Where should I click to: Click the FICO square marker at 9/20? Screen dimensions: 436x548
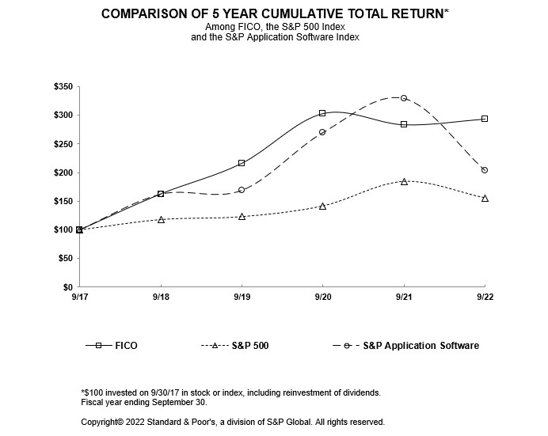(x=322, y=113)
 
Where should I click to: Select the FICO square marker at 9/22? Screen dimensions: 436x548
(x=485, y=119)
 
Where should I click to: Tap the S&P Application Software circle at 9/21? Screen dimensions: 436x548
(x=404, y=98)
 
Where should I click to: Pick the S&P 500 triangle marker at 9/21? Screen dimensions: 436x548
(x=404, y=181)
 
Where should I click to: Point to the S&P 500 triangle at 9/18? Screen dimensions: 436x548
(x=161, y=219)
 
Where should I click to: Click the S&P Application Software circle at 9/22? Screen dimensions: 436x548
(x=485, y=170)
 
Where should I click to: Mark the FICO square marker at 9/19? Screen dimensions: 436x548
(x=242, y=163)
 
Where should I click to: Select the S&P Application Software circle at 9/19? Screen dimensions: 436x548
(x=242, y=190)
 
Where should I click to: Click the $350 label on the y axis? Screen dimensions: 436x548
(x=62, y=86)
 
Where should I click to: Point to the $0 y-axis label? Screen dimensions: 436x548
(x=67, y=286)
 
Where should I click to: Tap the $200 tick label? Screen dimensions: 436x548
(x=62, y=173)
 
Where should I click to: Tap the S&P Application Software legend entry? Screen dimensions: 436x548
(x=421, y=346)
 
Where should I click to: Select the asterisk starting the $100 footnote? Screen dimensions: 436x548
(x=83, y=392)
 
